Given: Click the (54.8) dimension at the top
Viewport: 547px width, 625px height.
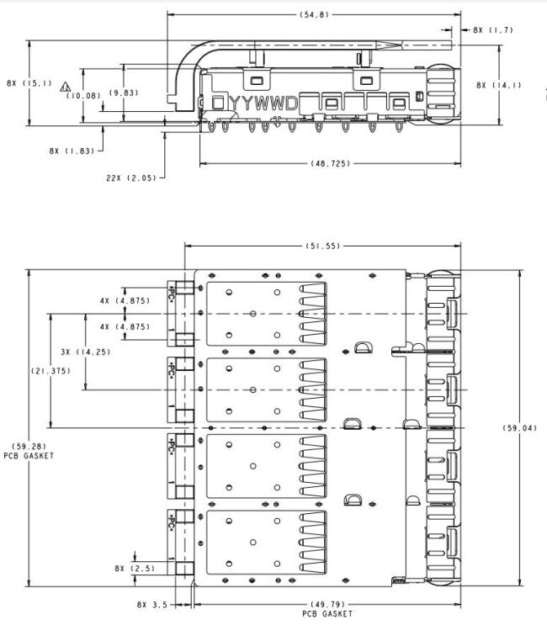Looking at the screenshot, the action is [x=314, y=15].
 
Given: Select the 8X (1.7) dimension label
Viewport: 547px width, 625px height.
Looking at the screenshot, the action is [x=493, y=30].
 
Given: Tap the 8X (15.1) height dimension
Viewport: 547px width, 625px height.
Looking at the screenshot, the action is [x=29, y=83].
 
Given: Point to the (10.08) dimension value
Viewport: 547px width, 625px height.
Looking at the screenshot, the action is [x=83, y=96].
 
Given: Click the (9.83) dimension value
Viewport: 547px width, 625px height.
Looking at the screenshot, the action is [x=124, y=93].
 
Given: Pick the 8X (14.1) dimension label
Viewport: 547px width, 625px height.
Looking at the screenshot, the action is [x=499, y=85].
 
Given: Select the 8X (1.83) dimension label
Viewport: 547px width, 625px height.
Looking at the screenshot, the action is [x=72, y=151].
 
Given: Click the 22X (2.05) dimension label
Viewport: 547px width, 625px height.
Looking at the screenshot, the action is [x=131, y=177].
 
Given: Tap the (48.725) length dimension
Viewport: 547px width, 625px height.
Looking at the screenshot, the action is [x=331, y=163].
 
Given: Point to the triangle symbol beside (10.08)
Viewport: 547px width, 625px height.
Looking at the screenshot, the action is [x=66, y=87].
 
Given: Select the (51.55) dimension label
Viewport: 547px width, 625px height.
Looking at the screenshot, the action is [x=323, y=246].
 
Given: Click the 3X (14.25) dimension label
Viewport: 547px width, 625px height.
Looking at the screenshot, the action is [x=86, y=352].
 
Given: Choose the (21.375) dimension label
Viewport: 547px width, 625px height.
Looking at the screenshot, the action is [x=51, y=371].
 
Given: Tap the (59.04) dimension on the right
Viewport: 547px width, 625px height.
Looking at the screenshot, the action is [x=520, y=428].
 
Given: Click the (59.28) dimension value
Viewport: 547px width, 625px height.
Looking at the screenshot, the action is [x=29, y=446].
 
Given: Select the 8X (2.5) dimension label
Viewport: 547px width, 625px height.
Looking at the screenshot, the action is [x=135, y=569].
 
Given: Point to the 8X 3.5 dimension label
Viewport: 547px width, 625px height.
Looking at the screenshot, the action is [x=152, y=605].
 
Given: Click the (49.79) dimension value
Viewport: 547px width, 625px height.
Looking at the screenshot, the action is [x=327, y=605].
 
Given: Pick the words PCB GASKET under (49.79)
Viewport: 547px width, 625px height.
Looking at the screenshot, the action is [x=327, y=614].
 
